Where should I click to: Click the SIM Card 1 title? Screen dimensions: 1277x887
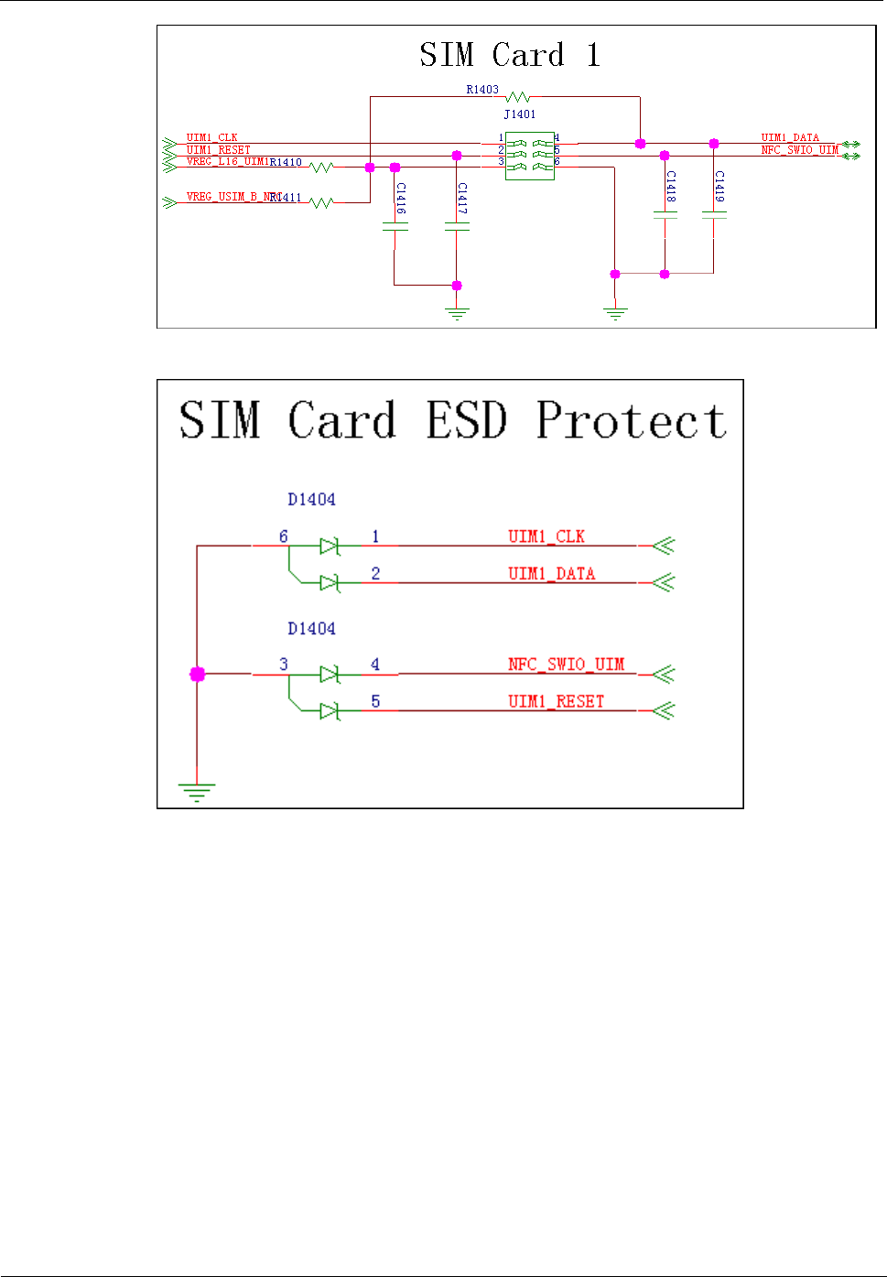(x=510, y=55)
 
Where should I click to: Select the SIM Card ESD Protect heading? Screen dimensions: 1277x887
(x=452, y=421)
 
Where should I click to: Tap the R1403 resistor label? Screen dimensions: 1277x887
(x=482, y=90)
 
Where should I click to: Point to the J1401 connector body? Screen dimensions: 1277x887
(x=529, y=156)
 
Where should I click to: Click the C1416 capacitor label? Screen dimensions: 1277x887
(x=401, y=198)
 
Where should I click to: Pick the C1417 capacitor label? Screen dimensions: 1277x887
(x=463, y=198)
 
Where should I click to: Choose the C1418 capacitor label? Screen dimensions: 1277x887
(x=671, y=186)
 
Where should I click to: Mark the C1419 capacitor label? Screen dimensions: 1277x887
(x=720, y=186)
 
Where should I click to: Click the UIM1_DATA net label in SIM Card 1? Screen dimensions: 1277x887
(x=790, y=137)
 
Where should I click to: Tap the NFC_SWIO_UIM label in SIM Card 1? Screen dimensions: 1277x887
(x=799, y=150)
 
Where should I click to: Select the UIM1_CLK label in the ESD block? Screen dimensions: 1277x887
(x=546, y=536)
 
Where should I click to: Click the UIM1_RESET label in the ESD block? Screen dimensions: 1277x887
(x=557, y=701)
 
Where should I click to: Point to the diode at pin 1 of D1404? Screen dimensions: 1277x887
(x=330, y=547)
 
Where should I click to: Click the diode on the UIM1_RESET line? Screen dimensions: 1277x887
(x=330, y=710)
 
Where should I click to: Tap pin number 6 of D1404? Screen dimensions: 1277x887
(x=284, y=536)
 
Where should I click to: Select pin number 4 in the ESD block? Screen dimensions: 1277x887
(x=375, y=665)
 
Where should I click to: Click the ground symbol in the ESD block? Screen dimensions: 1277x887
(x=197, y=792)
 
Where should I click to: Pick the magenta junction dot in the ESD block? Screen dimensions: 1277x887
(x=197, y=675)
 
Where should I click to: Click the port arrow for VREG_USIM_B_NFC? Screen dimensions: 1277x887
(x=169, y=202)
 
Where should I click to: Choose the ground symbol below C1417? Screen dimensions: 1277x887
(x=457, y=313)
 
